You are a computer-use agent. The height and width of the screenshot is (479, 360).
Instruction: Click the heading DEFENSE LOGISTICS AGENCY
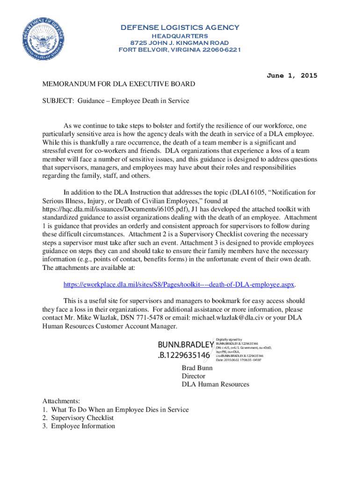coord(180,27)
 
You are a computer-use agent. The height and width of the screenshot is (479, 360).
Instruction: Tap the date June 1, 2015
coord(291,75)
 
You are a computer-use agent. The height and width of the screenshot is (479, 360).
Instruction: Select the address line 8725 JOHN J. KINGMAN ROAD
coord(180,43)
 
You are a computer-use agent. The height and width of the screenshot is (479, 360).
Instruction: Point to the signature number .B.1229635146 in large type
coord(184,356)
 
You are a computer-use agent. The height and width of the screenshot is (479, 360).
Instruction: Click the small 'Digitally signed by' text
coord(229,340)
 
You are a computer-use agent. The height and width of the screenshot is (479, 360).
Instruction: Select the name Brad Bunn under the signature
coord(197,368)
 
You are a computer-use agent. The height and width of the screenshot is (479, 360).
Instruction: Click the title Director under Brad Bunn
coord(194,376)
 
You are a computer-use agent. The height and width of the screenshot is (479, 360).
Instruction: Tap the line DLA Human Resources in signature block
coord(215,385)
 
